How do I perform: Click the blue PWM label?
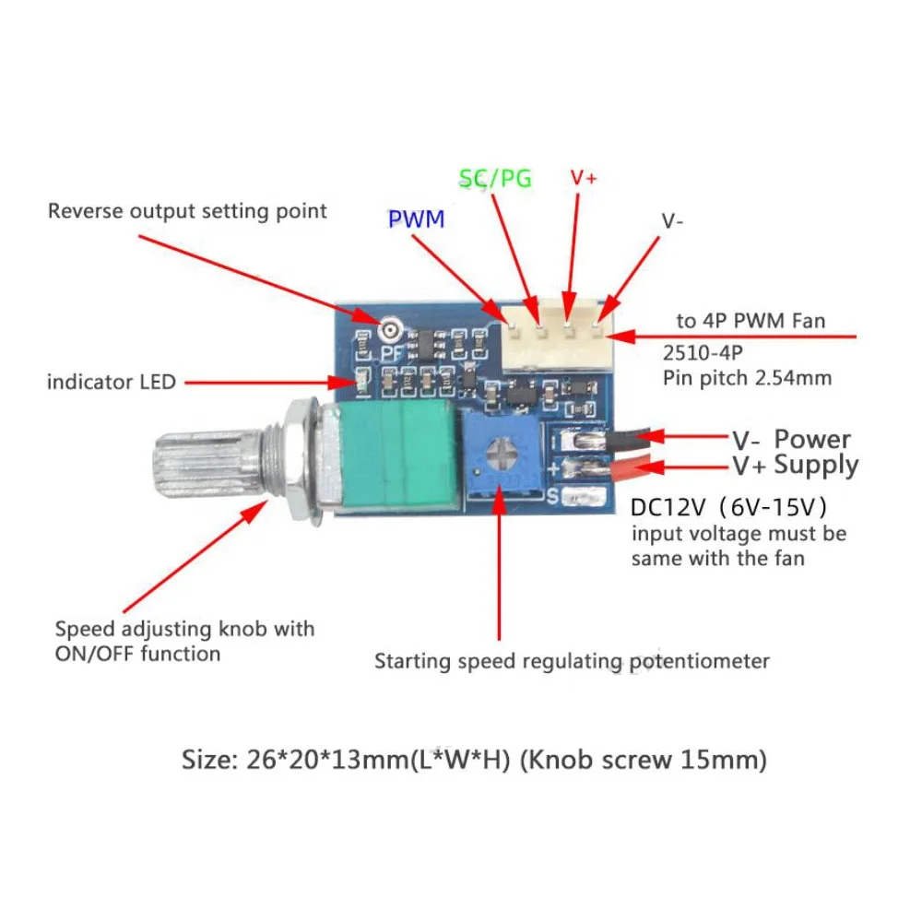[x=416, y=219]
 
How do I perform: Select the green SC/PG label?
[x=495, y=178]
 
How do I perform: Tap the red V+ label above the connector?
[x=584, y=178]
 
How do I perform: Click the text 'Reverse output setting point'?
[x=187, y=211]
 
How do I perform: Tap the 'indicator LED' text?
[x=111, y=382]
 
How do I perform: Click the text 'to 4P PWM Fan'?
[x=751, y=321]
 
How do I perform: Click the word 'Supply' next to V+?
[x=816, y=465]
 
